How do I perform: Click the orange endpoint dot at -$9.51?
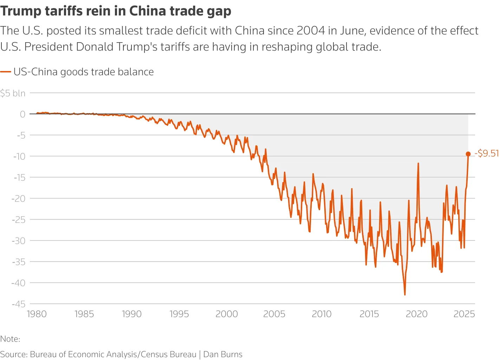tap(468, 154)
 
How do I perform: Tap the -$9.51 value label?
tap(487, 153)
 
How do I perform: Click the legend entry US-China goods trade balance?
tap(83, 72)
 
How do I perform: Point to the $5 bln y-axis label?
tap(13, 93)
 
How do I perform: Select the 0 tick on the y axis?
tap(22, 114)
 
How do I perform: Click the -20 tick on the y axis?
tap(18, 198)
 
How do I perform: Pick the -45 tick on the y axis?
tap(18, 304)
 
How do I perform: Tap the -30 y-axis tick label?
tap(18, 240)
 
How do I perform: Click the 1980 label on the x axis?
tap(37, 314)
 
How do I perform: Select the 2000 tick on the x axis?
tap(227, 314)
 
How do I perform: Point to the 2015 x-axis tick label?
tap(369, 314)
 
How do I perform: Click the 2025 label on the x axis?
tap(464, 314)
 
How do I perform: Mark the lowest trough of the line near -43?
tap(405, 295)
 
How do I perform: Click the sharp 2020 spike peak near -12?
tap(418, 163)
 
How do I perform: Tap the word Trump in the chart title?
tap(21, 11)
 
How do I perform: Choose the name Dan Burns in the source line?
tap(223, 354)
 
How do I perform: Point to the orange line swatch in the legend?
tap(6, 72)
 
